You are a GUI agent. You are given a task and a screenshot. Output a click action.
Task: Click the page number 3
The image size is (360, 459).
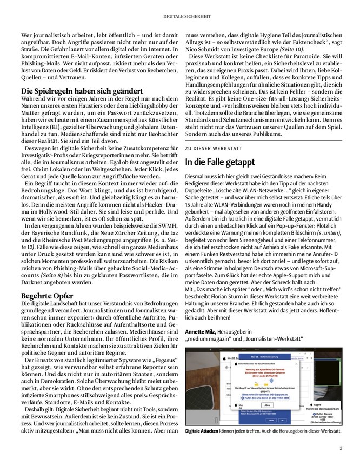click(341, 448)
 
